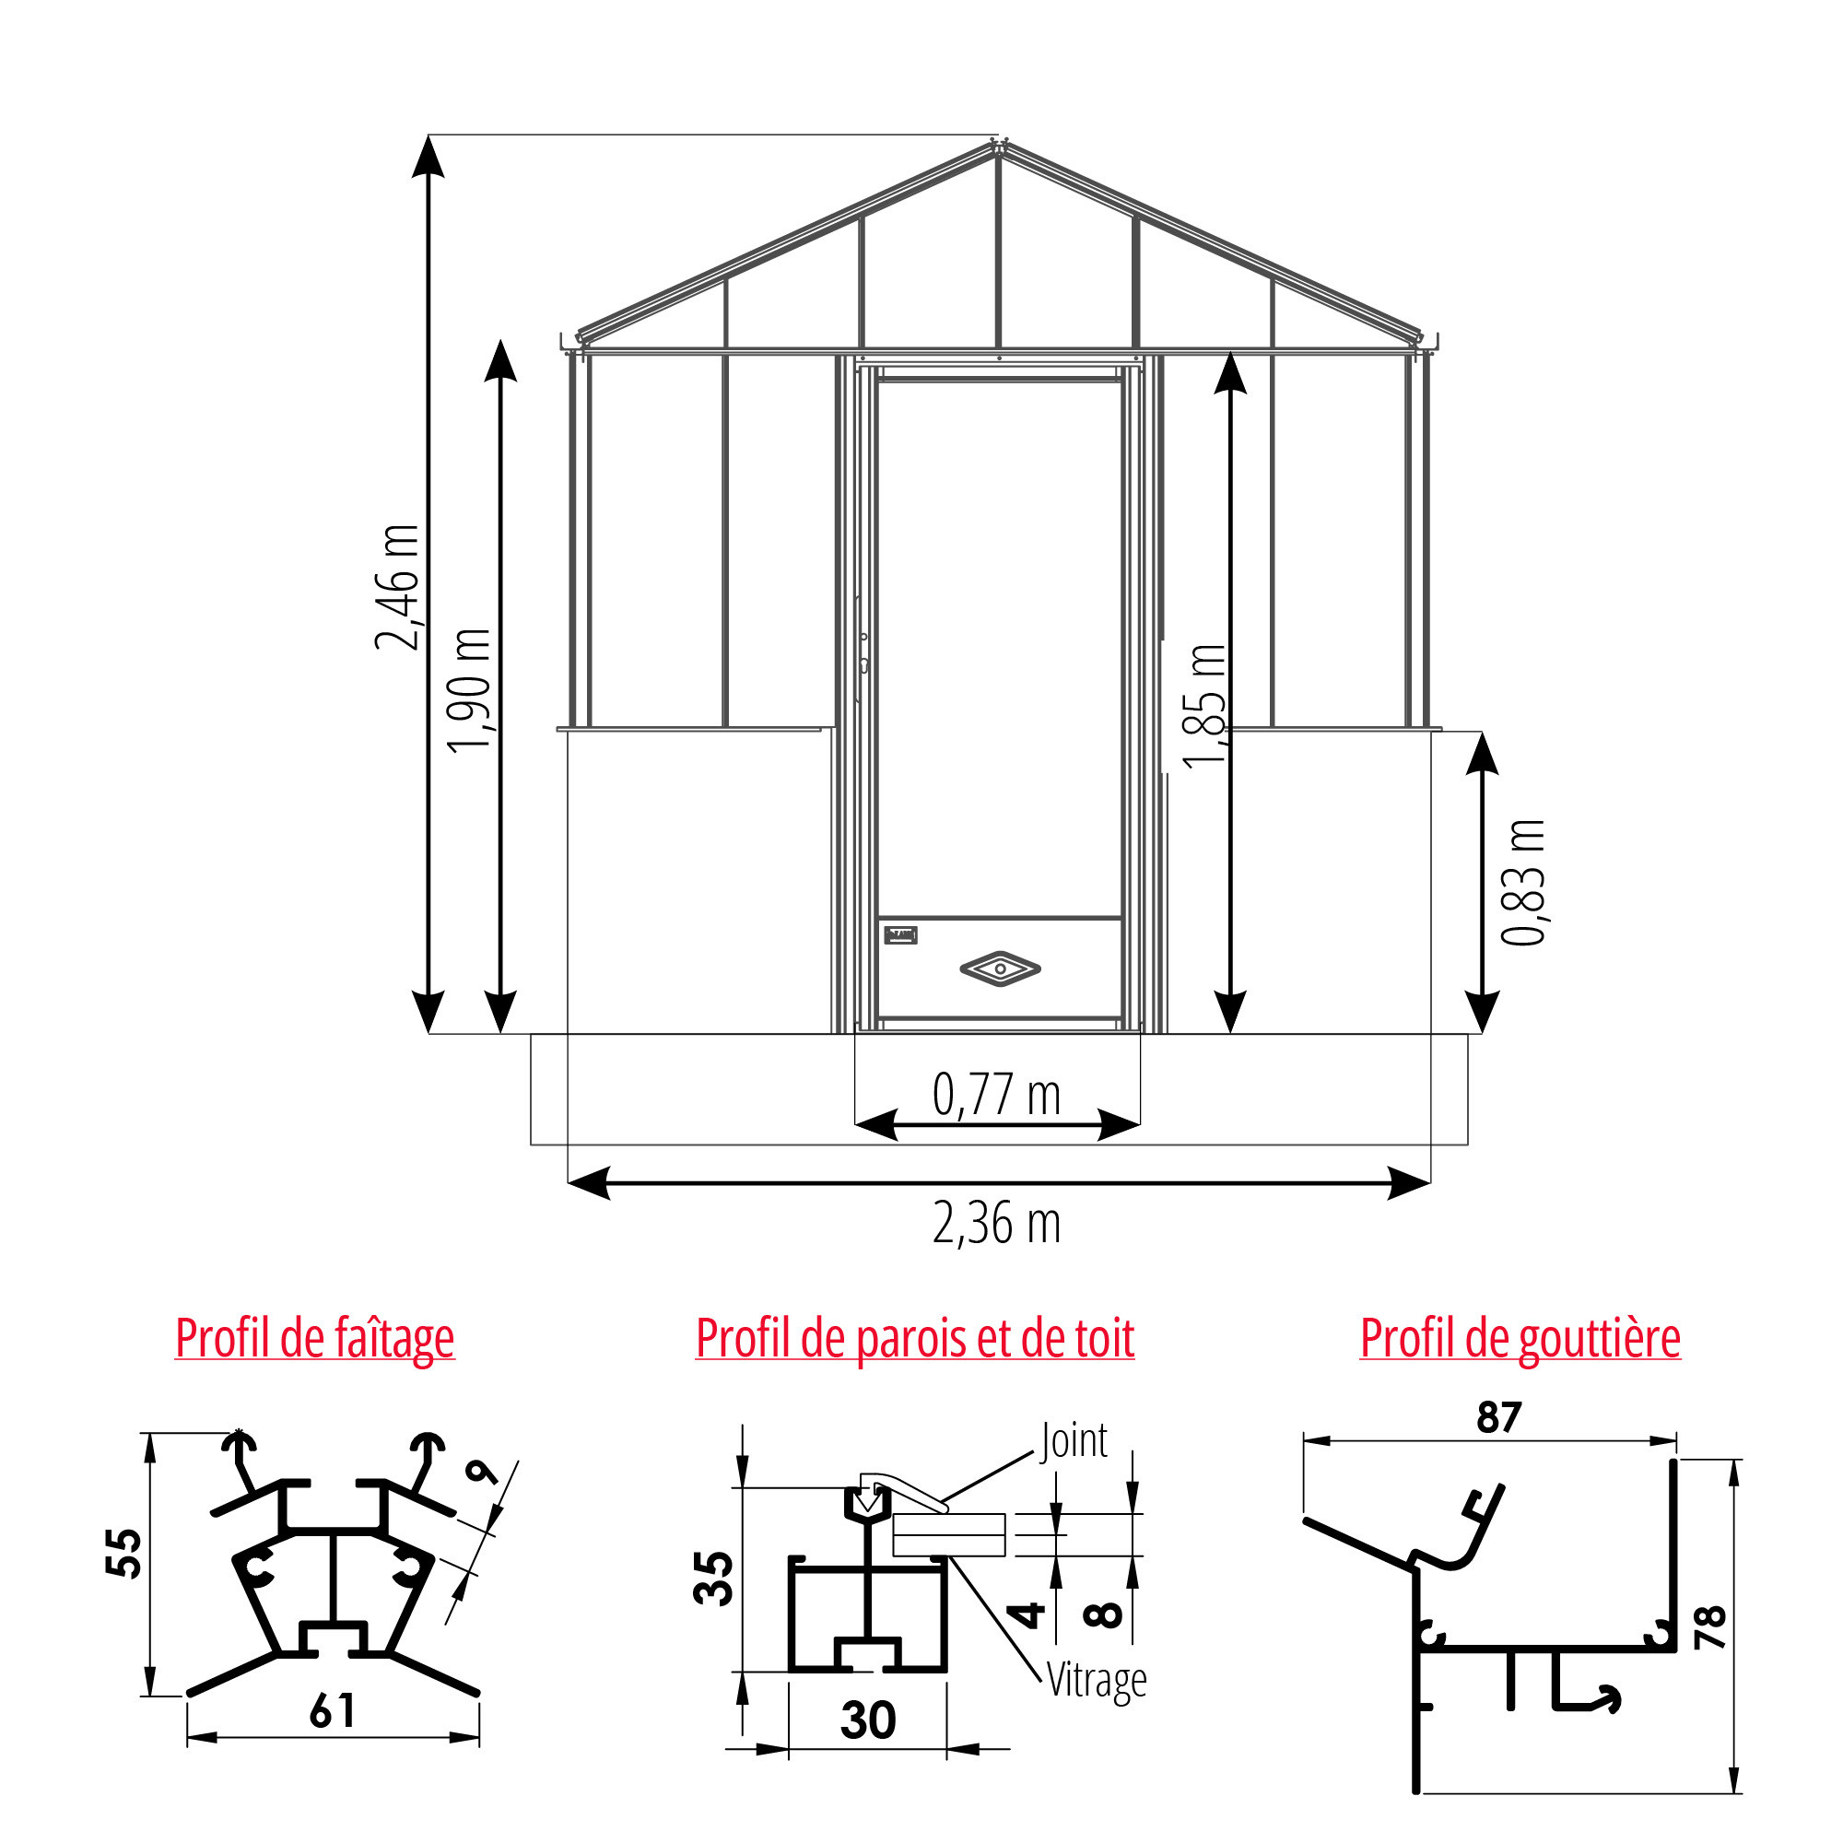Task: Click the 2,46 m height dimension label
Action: click(x=397, y=587)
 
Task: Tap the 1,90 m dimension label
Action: click(x=469, y=690)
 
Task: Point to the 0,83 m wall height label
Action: click(x=1522, y=883)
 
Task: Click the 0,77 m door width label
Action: click(x=996, y=1094)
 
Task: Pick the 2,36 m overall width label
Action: click(x=996, y=1224)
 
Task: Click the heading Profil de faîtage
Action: click(x=315, y=1338)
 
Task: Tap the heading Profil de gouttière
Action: click(x=1520, y=1338)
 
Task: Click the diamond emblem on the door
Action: click(x=1000, y=969)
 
